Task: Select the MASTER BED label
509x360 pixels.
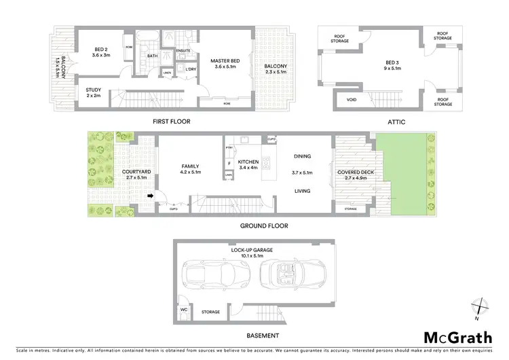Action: coord(223,61)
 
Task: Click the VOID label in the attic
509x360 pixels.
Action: coord(351,100)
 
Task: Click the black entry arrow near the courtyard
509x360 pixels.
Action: coord(151,197)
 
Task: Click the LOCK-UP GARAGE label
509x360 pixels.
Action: coord(251,250)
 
